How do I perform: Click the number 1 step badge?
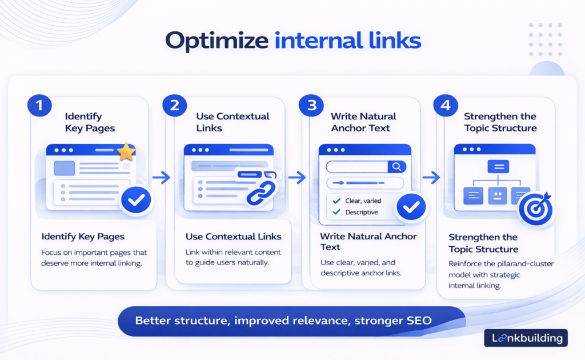pos(39,105)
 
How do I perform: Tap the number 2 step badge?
pos(174,105)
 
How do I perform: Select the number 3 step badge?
pos(310,105)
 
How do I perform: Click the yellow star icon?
pos(126,152)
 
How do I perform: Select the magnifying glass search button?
pos(396,166)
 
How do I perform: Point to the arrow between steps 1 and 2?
pos(162,178)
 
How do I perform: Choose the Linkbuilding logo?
pos(526,338)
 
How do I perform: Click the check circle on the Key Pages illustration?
pos(137,200)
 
